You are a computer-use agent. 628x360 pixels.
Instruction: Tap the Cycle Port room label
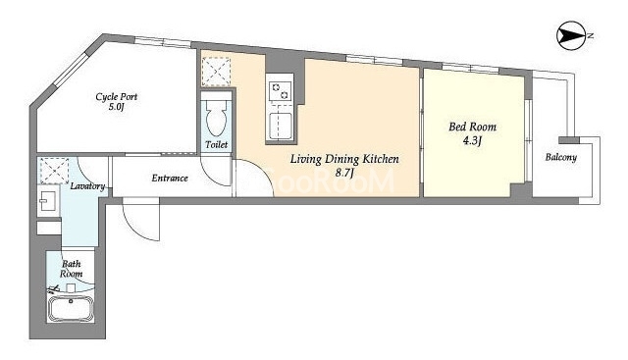tap(117, 97)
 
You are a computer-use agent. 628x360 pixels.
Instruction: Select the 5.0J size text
tap(118, 108)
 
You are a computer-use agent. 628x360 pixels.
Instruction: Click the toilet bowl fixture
tap(216, 117)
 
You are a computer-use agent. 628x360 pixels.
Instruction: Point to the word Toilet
tap(216, 144)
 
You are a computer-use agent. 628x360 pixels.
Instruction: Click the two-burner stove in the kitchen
tap(280, 91)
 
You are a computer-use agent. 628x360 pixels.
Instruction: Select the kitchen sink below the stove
tap(280, 126)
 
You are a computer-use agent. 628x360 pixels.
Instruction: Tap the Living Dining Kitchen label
tap(344, 159)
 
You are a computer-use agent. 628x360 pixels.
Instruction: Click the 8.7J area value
tap(345, 173)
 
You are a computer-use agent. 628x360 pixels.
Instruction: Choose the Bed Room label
tap(473, 128)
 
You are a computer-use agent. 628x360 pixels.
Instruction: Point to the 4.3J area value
tap(473, 141)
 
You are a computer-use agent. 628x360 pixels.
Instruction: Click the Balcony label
tap(561, 158)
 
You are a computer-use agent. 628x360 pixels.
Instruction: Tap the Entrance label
tap(170, 179)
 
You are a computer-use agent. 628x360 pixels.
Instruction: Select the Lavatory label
tap(87, 186)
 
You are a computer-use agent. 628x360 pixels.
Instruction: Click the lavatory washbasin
tap(48, 201)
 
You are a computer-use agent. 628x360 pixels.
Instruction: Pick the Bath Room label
tap(72, 269)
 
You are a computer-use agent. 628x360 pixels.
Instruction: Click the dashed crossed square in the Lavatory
tap(55, 171)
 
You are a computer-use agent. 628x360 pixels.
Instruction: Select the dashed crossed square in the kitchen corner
tap(216, 72)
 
